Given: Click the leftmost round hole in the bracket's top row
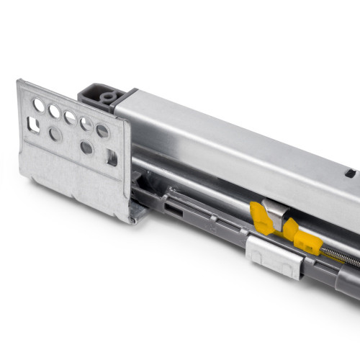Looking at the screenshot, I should (x=39, y=105).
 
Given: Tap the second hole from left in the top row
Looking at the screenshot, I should (x=55, y=112).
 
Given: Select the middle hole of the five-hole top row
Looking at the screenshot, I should (x=71, y=117).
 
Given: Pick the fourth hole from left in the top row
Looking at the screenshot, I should (x=86, y=124).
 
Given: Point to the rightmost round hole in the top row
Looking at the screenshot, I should (x=102, y=131).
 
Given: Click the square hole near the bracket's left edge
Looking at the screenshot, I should (x=34, y=125).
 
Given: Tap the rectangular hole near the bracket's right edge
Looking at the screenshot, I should (x=112, y=157).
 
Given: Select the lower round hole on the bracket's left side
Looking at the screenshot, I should (x=55, y=134).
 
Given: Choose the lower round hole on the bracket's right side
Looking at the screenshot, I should (x=87, y=148).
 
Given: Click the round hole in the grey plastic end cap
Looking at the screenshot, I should (x=109, y=96).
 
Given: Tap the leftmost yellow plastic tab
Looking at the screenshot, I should (x=261, y=217).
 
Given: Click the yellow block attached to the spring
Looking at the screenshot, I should (x=308, y=243).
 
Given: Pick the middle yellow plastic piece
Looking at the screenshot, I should (x=289, y=229).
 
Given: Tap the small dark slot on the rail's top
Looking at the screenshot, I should (x=350, y=173).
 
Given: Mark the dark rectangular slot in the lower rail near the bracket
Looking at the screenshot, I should (x=174, y=210).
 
